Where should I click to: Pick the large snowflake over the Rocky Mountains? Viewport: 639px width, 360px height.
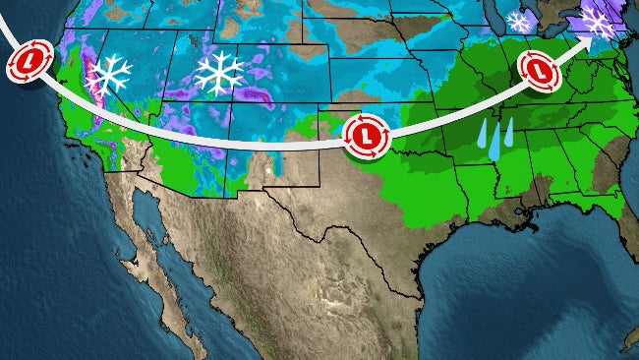coord(219,72)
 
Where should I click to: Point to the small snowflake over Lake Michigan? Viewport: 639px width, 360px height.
coord(518,21)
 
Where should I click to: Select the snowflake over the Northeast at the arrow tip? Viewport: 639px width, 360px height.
coord(596,19)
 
